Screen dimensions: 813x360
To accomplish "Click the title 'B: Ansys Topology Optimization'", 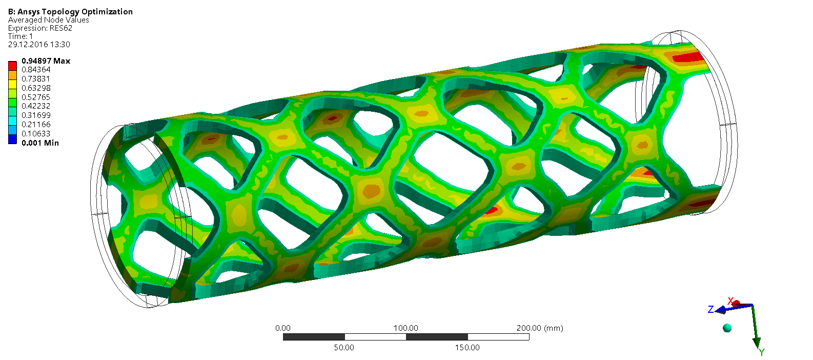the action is click(70, 12).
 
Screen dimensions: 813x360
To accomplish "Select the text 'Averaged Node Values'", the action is click(48, 20).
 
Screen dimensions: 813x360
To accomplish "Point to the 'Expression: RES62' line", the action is click(40, 28).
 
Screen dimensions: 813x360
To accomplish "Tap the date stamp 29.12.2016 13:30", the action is click(39, 45).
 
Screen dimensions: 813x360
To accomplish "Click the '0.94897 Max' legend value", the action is click(46, 61).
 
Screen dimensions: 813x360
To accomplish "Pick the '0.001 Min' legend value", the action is click(40, 143).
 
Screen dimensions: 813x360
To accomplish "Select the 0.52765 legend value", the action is click(36, 97).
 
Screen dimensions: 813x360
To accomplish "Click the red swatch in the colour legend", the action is click(13, 66).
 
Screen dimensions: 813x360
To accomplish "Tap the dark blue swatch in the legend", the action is click(13, 139).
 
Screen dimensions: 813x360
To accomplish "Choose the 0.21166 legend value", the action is click(36, 125).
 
